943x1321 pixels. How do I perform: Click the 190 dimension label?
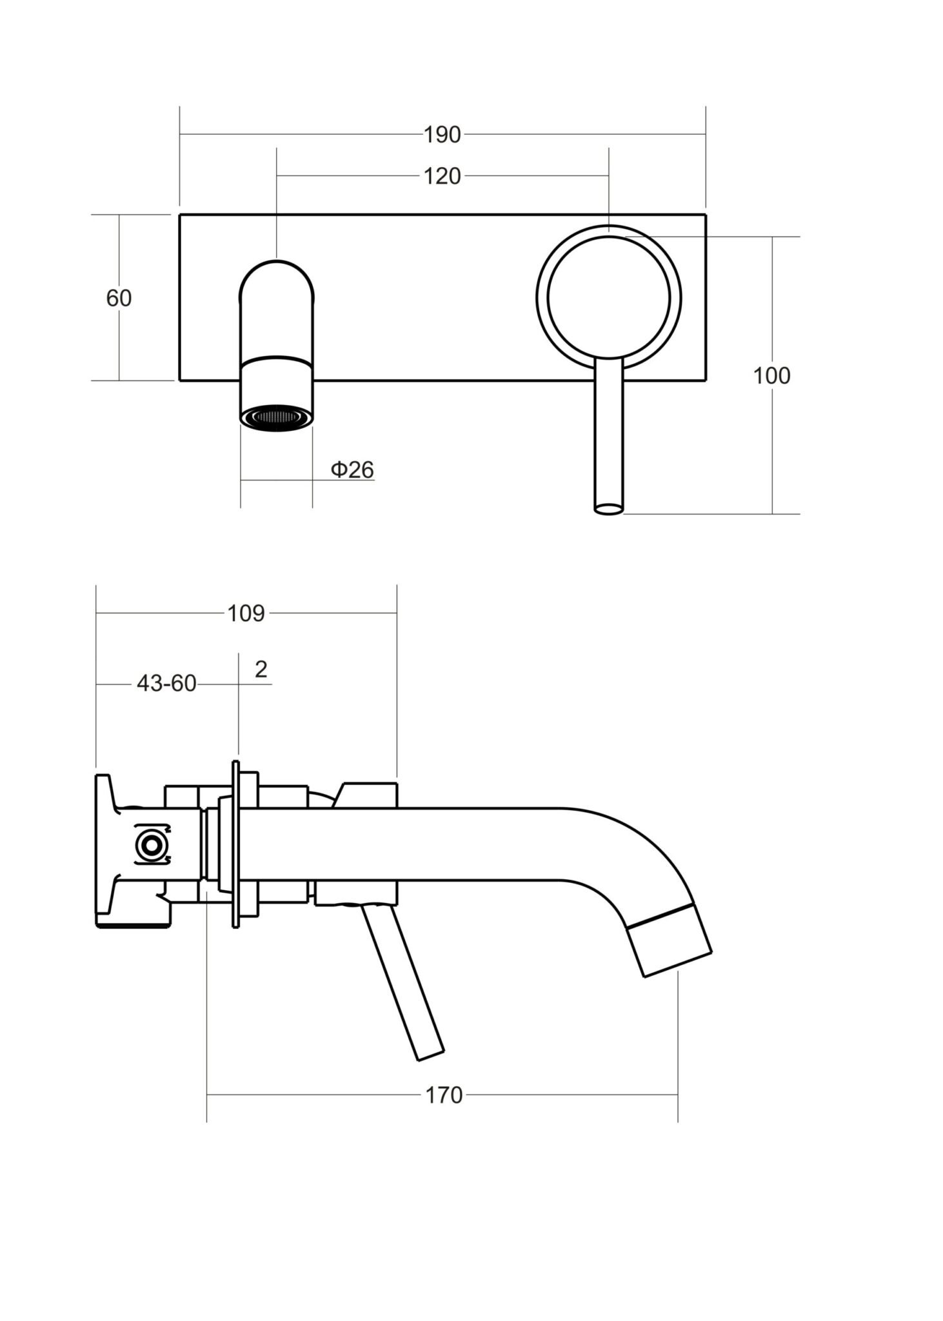click(x=442, y=135)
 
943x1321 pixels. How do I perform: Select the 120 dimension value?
click(x=442, y=176)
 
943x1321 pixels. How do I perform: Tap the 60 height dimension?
click(x=119, y=298)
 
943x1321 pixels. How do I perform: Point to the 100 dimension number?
click(x=771, y=375)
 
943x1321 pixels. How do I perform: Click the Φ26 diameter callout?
click(x=352, y=470)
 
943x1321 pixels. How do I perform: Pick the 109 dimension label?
click(x=246, y=613)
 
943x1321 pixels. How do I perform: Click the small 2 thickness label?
click(x=261, y=670)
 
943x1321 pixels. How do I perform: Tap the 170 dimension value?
click(x=444, y=1095)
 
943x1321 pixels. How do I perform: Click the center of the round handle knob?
click(x=608, y=297)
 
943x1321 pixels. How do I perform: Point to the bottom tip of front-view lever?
click(x=609, y=509)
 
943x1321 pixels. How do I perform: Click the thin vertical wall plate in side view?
click(x=236, y=844)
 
